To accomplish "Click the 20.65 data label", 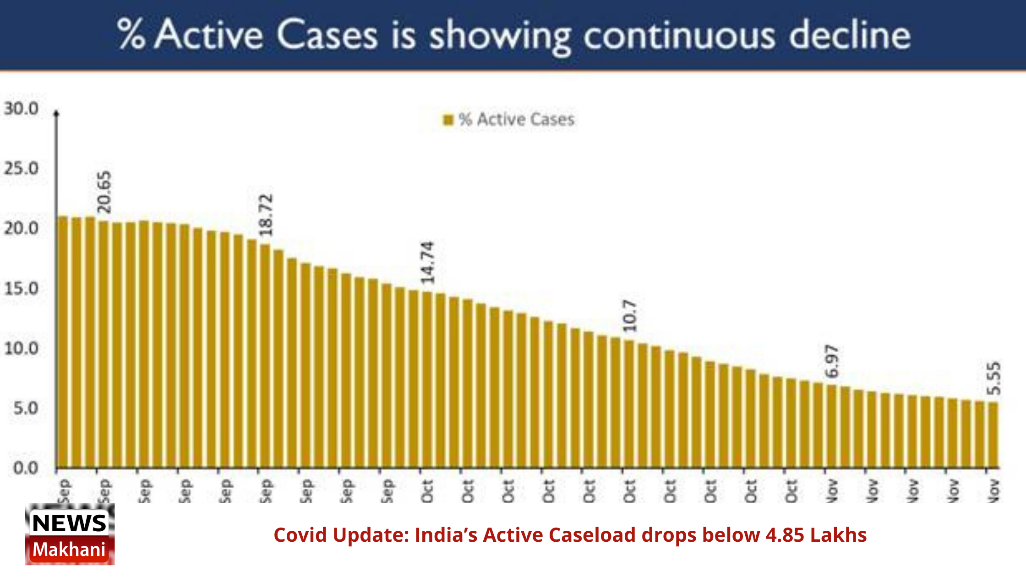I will (104, 192).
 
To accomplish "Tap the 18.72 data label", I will (266, 215).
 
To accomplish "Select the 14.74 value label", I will (427, 262).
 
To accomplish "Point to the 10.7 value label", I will (630, 316).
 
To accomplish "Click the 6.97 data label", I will (832, 362).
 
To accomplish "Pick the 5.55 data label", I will (993, 379).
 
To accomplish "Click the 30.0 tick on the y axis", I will (21, 109).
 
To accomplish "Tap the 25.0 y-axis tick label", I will (21, 169).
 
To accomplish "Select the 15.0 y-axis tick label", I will (21, 289).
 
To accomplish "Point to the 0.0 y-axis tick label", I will (26, 468).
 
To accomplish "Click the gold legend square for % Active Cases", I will (448, 120).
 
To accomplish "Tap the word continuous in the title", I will (679, 36).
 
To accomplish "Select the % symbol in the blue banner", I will (131, 34).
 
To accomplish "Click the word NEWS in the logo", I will (69, 523).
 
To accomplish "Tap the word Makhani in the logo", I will (69, 550).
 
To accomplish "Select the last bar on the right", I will (993, 435).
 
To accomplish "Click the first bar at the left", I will (63, 343).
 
